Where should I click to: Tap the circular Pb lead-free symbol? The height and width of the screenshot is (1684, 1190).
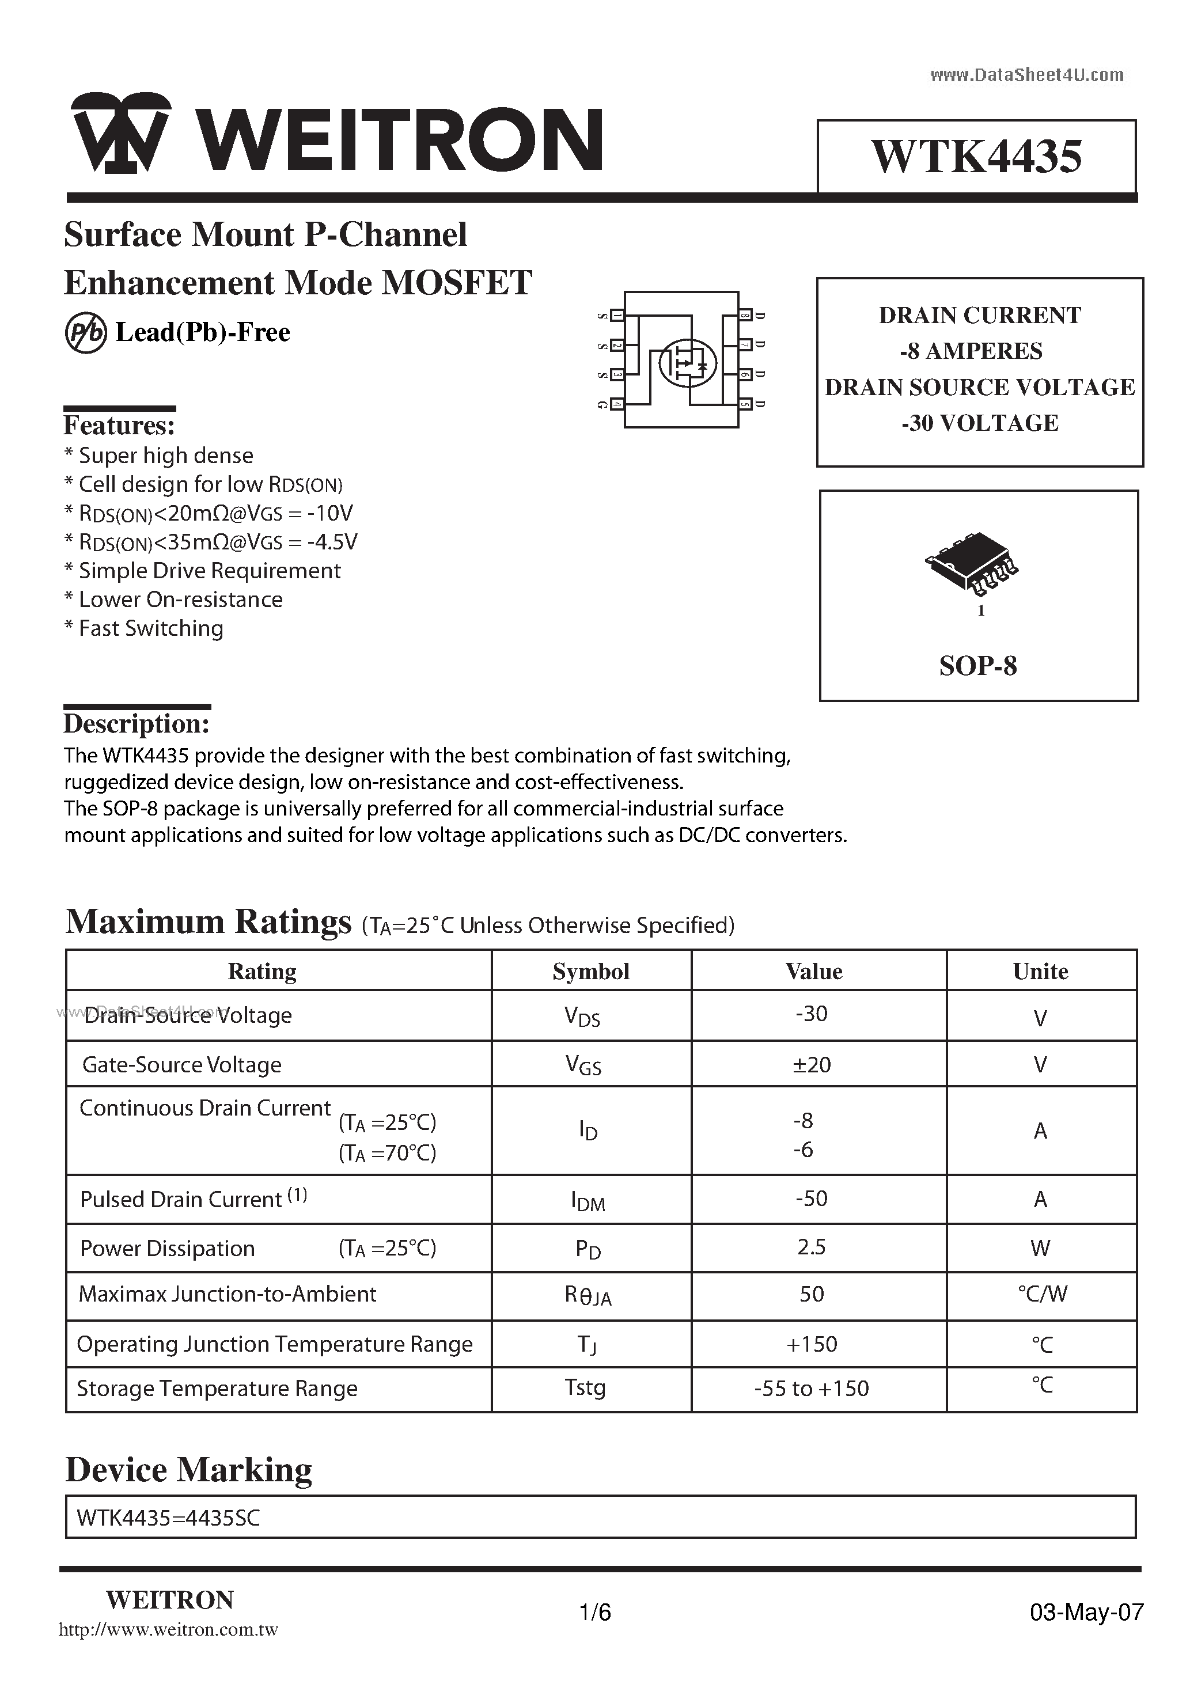tap(86, 333)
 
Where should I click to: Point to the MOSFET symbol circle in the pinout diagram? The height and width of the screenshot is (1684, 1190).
tap(687, 363)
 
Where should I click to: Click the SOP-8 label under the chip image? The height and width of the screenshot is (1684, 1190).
tap(978, 666)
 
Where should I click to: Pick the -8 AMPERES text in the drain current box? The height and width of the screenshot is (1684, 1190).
tap(971, 351)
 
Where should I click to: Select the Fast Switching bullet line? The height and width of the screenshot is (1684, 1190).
tap(144, 628)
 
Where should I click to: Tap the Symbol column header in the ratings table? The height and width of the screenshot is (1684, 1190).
tap(590, 971)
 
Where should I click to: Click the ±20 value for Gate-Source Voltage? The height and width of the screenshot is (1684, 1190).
tap(812, 1064)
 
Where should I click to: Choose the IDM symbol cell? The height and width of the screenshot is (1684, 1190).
tap(589, 1201)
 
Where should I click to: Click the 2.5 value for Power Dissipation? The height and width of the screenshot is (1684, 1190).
tap(812, 1247)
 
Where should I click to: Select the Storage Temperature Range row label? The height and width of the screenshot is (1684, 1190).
tap(217, 1389)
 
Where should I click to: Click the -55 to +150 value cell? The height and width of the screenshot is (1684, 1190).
tap(812, 1389)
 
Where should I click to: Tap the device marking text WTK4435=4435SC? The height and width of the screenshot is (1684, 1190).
tap(168, 1518)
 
